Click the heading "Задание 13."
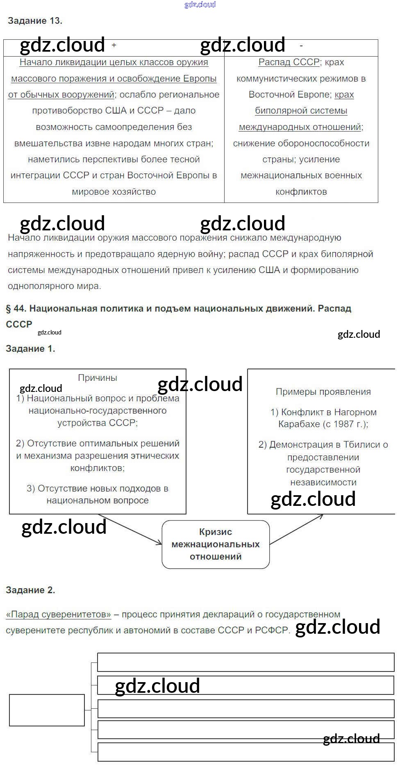click(35, 21)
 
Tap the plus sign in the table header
click(114, 46)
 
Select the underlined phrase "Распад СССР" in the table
click(289, 62)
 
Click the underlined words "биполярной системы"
click(301, 111)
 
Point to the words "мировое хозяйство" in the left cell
click(114, 192)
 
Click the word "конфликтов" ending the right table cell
click(301, 192)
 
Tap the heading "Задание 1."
click(30, 349)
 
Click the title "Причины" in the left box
click(97, 378)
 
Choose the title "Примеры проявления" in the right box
click(323, 392)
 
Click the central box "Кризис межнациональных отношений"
click(216, 544)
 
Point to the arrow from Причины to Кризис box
click(130, 530)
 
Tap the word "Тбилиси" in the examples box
click(361, 445)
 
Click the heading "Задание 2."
click(30, 590)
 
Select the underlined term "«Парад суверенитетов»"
click(59, 615)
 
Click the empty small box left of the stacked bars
click(47, 710)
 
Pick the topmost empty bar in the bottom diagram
click(245, 662)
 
